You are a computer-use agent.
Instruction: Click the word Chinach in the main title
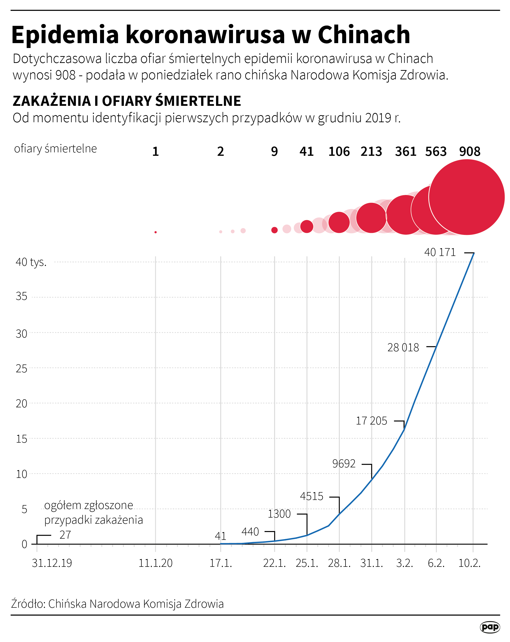click(364, 35)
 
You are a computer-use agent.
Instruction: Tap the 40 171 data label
click(440, 253)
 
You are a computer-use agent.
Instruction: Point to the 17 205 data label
click(371, 421)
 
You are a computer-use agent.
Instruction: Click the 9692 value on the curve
click(344, 464)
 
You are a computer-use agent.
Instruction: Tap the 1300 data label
click(279, 514)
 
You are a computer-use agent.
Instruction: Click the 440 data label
click(250, 532)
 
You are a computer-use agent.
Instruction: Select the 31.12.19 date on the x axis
click(52, 563)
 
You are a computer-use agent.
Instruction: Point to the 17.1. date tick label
click(220, 563)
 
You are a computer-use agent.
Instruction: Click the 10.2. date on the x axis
click(469, 563)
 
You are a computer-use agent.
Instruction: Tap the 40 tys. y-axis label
click(31, 262)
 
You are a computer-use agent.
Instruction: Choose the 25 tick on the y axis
click(22, 369)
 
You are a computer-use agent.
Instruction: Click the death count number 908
click(470, 152)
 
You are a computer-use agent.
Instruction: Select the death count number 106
click(339, 152)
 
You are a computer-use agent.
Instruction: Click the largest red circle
click(466, 197)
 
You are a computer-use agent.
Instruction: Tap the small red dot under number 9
click(274, 230)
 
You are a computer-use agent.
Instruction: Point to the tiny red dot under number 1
click(156, 232)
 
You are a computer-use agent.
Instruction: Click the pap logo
click(489, 627)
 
